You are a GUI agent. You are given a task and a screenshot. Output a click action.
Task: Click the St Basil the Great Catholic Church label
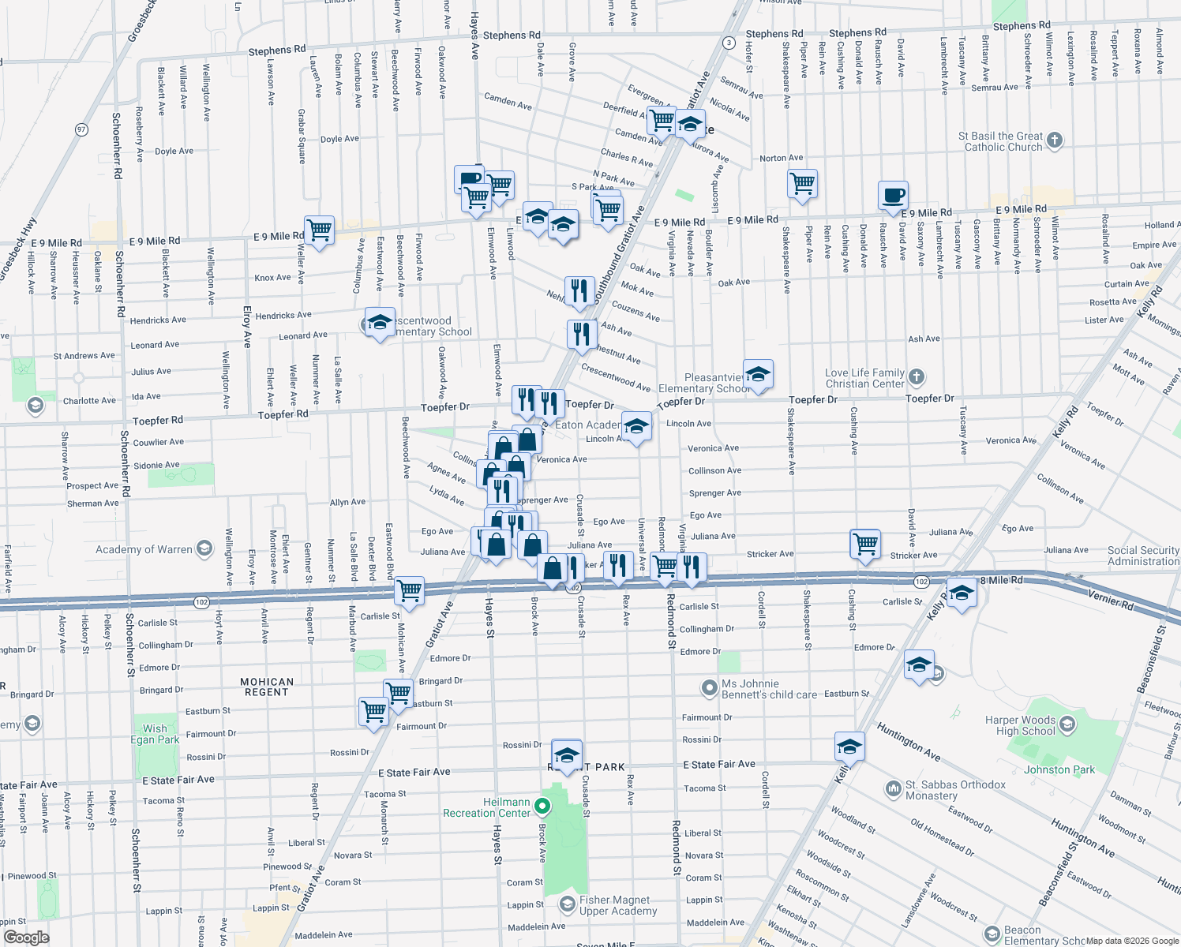click(x=1000, y=141)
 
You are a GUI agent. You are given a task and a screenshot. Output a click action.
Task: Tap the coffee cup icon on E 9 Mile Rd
click(x=894, y=195)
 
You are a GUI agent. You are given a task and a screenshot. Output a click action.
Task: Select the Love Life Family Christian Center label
click(x=864, y=378)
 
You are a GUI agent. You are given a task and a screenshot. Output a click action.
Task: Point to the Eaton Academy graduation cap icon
click(x=636, y=427)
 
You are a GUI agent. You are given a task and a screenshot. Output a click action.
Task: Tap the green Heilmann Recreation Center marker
click(x=542, y=807)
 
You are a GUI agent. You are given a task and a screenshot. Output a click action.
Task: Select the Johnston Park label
click(x=1059, y=769)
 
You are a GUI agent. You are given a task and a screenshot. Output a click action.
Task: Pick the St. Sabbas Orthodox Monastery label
click(x=955, y=790)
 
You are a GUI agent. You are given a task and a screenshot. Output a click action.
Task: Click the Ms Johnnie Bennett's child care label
click(x=769, y=689)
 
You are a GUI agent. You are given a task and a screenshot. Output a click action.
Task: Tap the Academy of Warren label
click(x=144, y=549)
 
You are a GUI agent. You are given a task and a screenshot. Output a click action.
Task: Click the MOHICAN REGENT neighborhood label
click(x=267, y=687)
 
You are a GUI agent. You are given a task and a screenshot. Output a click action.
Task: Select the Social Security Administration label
click(x=1143, y=556)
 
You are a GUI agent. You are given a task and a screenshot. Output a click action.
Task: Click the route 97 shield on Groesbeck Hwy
click(x=81, y=129)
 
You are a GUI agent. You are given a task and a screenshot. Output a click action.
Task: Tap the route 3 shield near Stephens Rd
click(x=729, y=43)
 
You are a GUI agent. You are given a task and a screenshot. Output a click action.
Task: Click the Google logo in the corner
click(x=26, y=937)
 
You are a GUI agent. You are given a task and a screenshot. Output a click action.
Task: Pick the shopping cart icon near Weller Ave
click(x=319, y=230)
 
